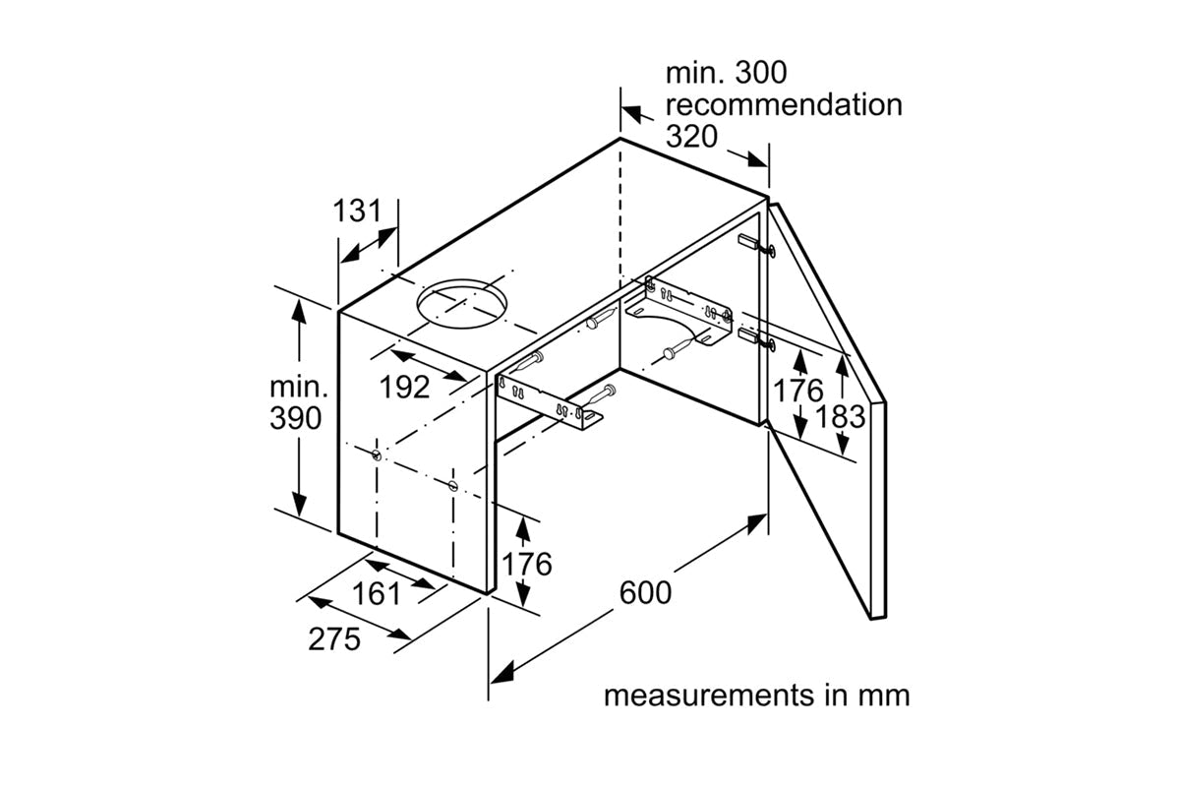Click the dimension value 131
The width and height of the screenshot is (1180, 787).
[356, 211]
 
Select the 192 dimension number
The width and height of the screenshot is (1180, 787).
[405, 388]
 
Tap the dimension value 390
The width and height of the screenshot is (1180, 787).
[295, 418]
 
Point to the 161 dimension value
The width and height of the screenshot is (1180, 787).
[377, 594]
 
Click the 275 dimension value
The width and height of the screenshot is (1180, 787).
[334, 639]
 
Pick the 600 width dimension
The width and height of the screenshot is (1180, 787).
[646, 593]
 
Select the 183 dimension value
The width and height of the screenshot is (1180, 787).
[842, 416]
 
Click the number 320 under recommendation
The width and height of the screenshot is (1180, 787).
[692, 136]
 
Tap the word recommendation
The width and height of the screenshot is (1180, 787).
[784, 104]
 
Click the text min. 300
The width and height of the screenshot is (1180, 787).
[727, 73]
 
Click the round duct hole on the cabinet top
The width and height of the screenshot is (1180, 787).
[460, 304]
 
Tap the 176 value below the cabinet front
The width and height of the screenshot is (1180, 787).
[527, 565]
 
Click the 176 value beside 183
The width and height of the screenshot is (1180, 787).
[797, 392]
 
